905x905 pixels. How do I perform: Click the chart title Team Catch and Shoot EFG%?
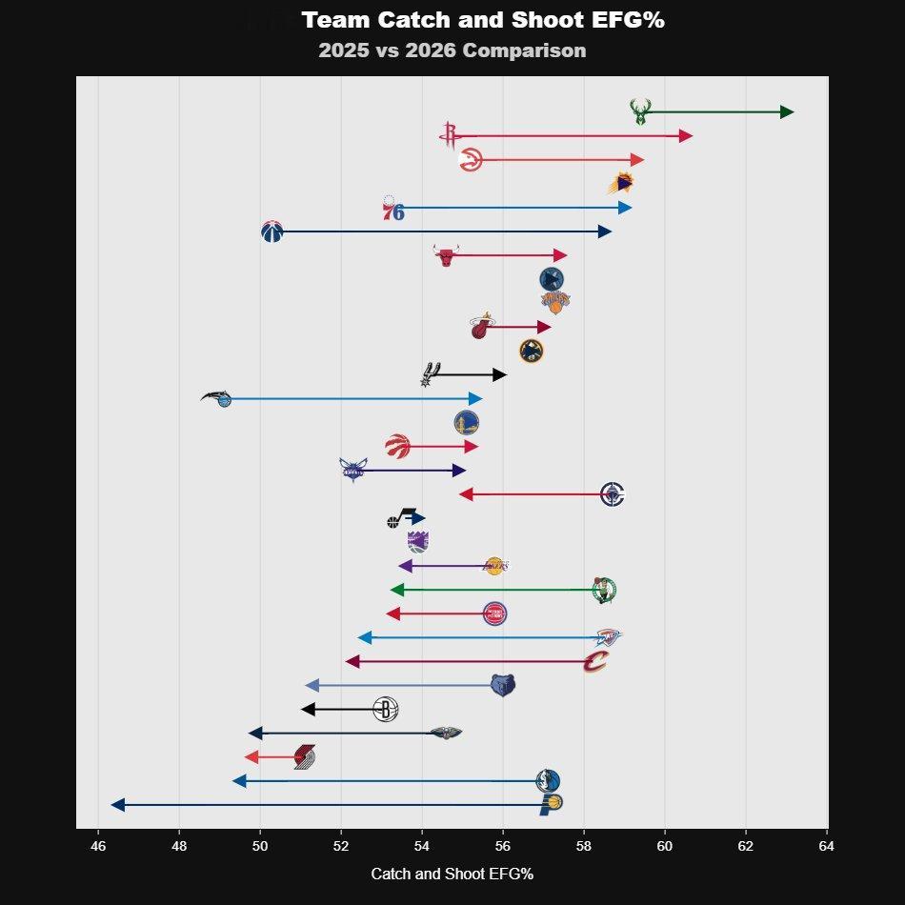pyautogui.click(x=482, y=21)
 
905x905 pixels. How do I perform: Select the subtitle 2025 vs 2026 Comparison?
pyautogui.click(x=452, y=50)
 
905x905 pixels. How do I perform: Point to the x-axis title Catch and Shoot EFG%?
pyautogui.click(x=452, y=874)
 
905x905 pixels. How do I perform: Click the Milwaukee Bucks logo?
pyautogui.click(x=640, y=111)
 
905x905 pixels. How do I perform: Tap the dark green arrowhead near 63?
pyautogui.click(x=787, y=112)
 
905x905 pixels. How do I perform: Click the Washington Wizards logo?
pyautogui.click(x=271, y=231)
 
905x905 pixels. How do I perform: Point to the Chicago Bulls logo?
pyautogui.click(x=445, y=255)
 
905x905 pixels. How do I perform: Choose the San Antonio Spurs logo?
pyautogui.click(x=431, y=374)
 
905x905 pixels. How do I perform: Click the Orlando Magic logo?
pyautogui.click(x=219, y=398)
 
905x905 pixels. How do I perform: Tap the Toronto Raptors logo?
pyautogui.click(x=397, y=446)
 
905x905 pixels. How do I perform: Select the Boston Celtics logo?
pyautogui.click(x=604, y=591)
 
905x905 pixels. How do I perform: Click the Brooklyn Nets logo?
pyautogui.click(x=385, y=710)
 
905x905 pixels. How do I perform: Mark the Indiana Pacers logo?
pyautogui.click(x=550, y=805)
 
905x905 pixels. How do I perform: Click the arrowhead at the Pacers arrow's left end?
pyautogui.click(x=117, y=805)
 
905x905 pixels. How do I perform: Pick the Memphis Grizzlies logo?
pyautogui.click(x=503, y=685)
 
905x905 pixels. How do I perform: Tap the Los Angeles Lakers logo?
pyautogui.click(x=493, y=566)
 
